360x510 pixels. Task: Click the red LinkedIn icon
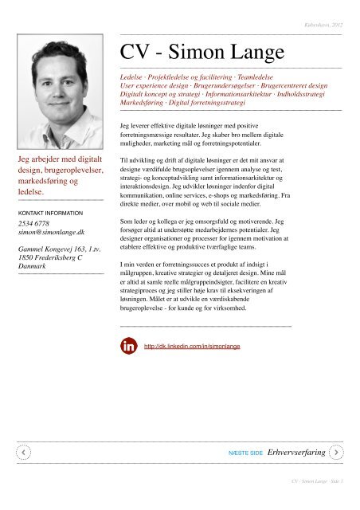pos(127,347)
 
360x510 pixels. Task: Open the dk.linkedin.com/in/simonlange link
pos(192,347)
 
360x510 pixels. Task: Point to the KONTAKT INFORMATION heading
pos(53,214)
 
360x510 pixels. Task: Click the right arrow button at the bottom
pos(338,451)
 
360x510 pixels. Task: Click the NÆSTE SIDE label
pos(245,452)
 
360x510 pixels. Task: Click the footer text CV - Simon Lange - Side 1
pos(316,482)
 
